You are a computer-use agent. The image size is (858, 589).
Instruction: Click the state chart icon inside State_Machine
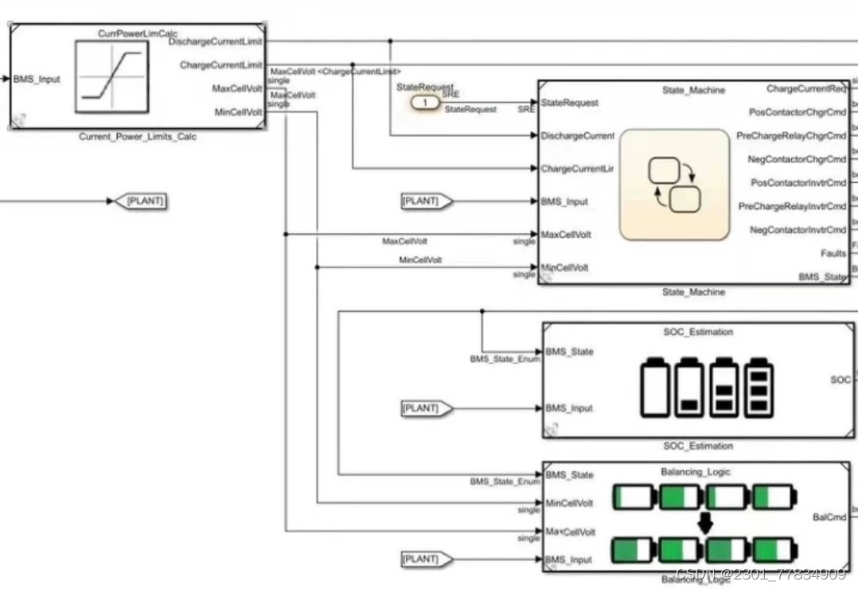coord(674,185)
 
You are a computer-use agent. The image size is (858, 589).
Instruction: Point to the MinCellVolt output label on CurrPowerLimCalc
coord(238,112)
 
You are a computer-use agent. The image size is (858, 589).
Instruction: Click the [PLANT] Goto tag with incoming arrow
coord(145,201)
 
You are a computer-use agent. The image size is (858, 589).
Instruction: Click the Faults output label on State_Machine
coord(833,254)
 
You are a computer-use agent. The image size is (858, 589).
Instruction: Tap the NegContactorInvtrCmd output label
coord(798,230)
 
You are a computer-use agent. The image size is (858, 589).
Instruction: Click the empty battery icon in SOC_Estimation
coord(655,387)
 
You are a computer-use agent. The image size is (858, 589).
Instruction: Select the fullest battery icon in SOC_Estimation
coord(759,387)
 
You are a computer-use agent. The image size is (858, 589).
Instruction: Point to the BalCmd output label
coord(829,517)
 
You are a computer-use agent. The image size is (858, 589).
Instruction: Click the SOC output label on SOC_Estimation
coord(840,380)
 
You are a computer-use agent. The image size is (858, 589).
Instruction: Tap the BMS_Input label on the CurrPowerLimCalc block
coord(37,79)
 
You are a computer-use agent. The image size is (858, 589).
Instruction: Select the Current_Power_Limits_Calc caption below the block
coord(137,137)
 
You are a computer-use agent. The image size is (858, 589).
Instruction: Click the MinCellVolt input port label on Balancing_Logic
coord(569,503)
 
